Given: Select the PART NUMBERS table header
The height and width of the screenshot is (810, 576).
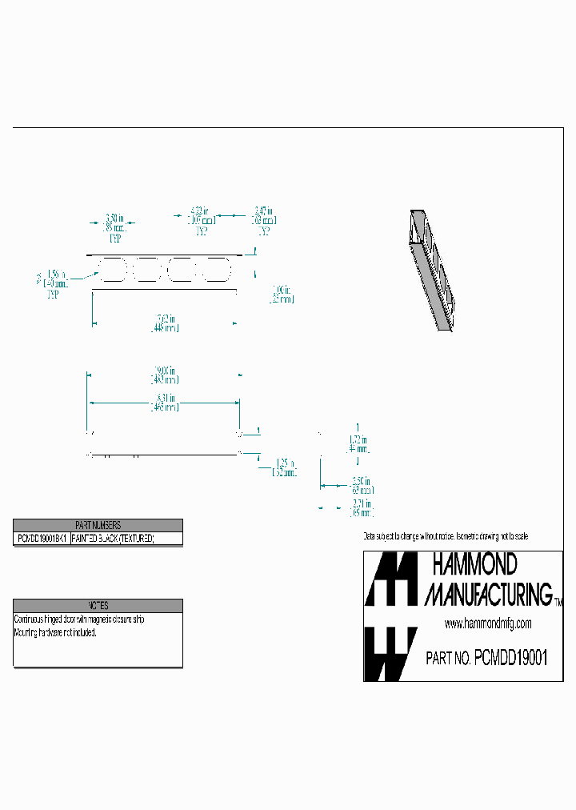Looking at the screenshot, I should (x=98, y=525).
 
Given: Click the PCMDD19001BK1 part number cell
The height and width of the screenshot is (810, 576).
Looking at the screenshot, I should (x=42, y=539).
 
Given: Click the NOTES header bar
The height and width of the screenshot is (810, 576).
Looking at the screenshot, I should (x=98, y=606).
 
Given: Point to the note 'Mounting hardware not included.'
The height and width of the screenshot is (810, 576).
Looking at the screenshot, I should (x=55, y=632).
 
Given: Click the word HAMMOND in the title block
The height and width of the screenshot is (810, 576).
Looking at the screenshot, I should (x=474, y=565).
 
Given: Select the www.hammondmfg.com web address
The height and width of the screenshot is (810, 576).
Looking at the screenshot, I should (x=487, y=624).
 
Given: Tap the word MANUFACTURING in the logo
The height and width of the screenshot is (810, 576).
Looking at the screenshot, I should (x=487, y=594).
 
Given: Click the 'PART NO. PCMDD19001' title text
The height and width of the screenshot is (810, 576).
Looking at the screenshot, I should (x=486, y=658).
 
